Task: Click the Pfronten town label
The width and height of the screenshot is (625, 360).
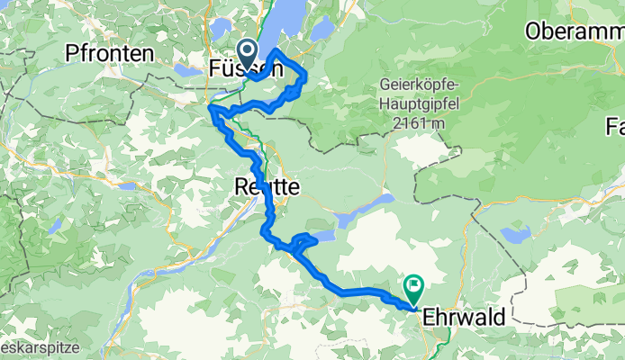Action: pos(109,54)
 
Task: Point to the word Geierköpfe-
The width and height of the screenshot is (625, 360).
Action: pos(419,88)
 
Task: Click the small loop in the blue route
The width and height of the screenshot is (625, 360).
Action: pos(303,240)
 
